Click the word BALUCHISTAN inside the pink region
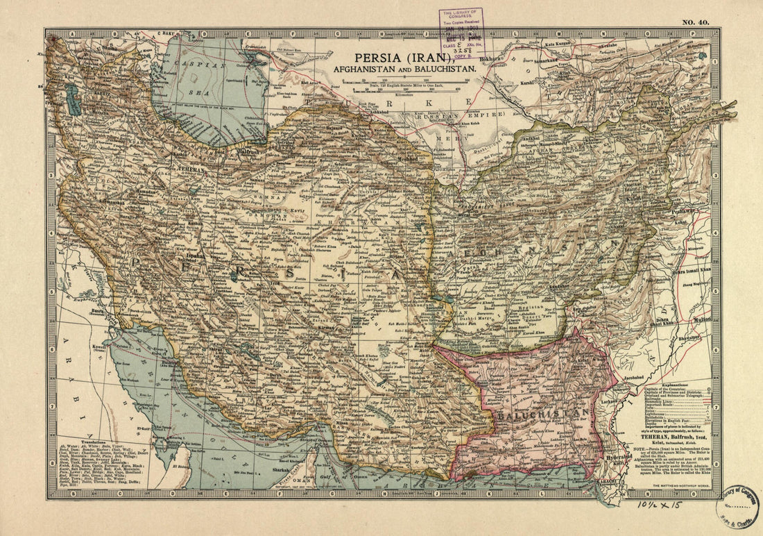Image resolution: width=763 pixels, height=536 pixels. [x=542, y=414]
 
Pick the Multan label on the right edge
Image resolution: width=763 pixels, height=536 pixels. [x=702, y=319]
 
